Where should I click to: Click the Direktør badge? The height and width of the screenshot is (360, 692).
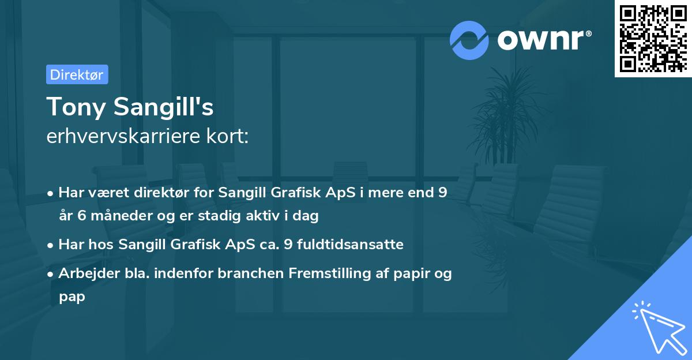[x=77, y=74]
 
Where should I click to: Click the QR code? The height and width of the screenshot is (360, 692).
[x=652, y=38]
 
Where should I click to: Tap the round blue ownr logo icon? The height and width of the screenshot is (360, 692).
[x=469, y=40]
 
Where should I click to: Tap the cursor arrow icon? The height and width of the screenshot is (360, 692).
[x=657, y=325]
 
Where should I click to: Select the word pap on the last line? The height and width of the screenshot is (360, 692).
[x=72, y=297]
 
